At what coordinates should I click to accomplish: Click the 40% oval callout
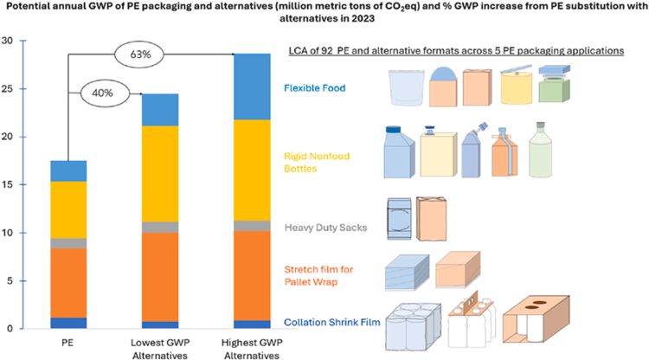point(102,89)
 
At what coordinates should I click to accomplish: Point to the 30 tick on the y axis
point(7,41)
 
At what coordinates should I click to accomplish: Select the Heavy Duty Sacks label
point(324,228)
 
